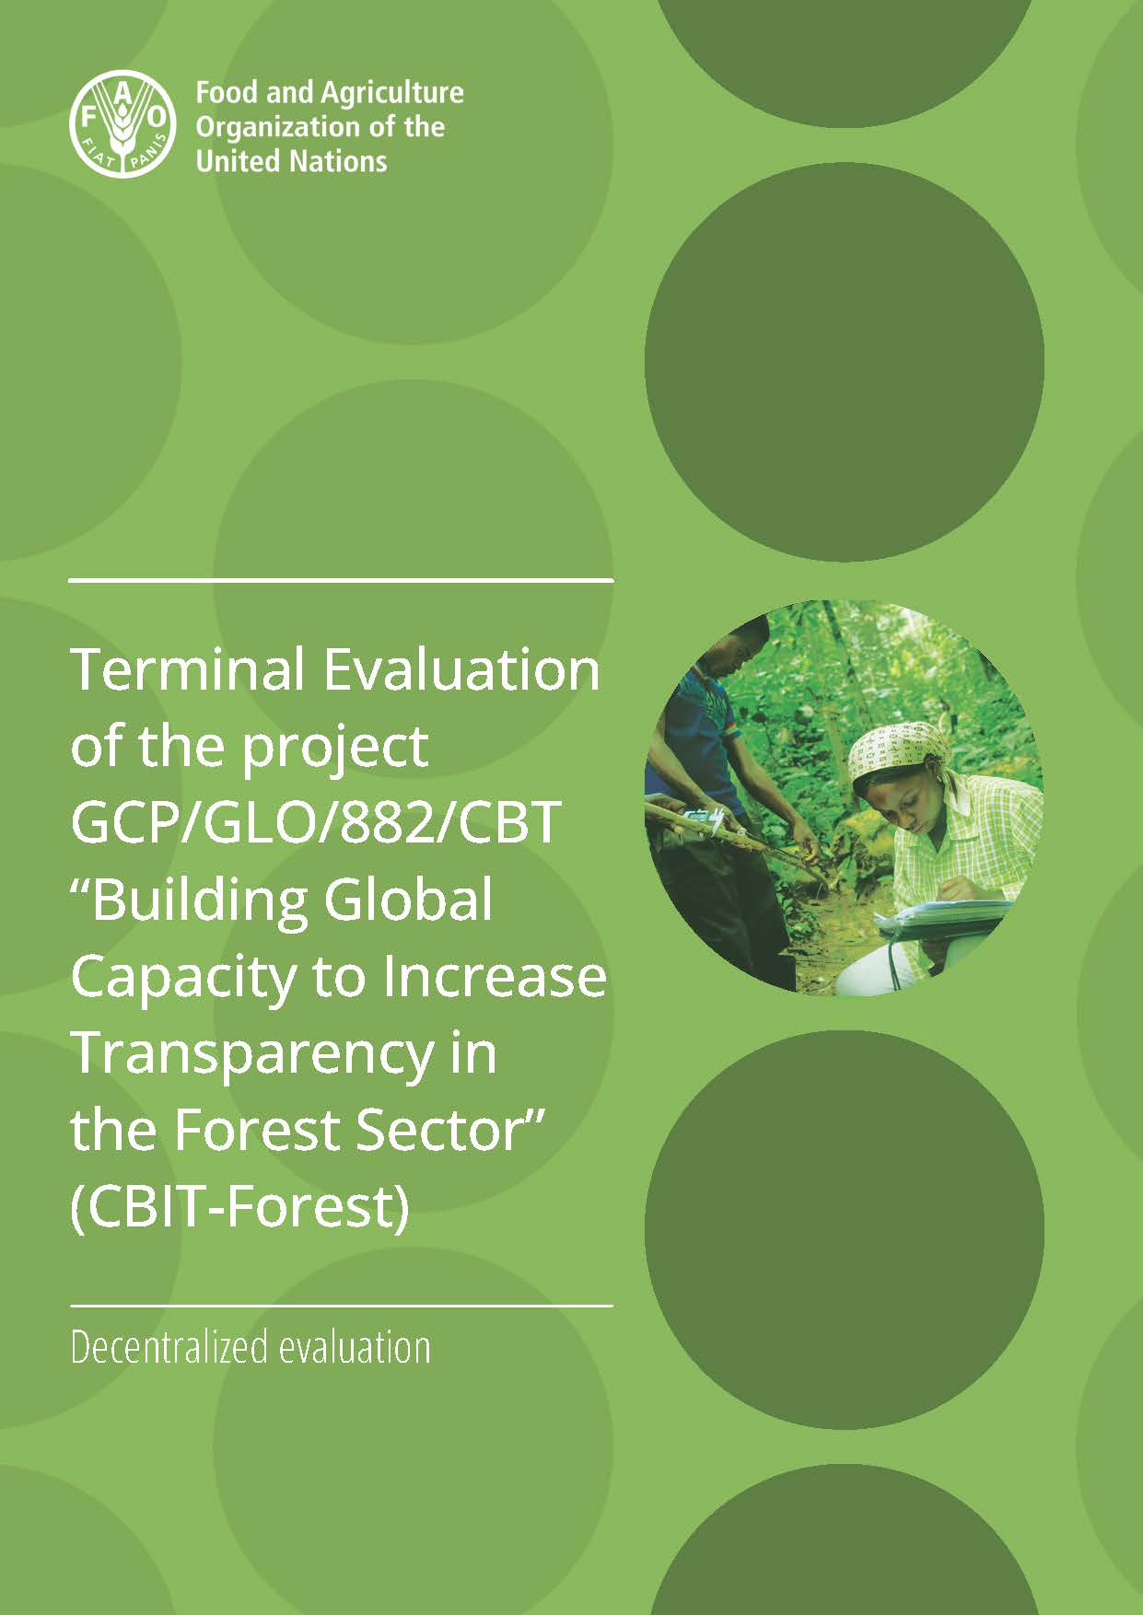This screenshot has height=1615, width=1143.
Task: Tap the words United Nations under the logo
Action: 292,161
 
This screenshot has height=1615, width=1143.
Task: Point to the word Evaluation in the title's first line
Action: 461,669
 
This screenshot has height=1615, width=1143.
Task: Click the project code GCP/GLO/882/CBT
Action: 316,823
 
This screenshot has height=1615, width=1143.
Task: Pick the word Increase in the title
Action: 495,977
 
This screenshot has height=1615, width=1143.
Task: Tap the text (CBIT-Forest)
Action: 239,1209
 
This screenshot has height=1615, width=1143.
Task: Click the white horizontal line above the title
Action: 342,581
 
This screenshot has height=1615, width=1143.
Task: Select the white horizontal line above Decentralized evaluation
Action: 342,1306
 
